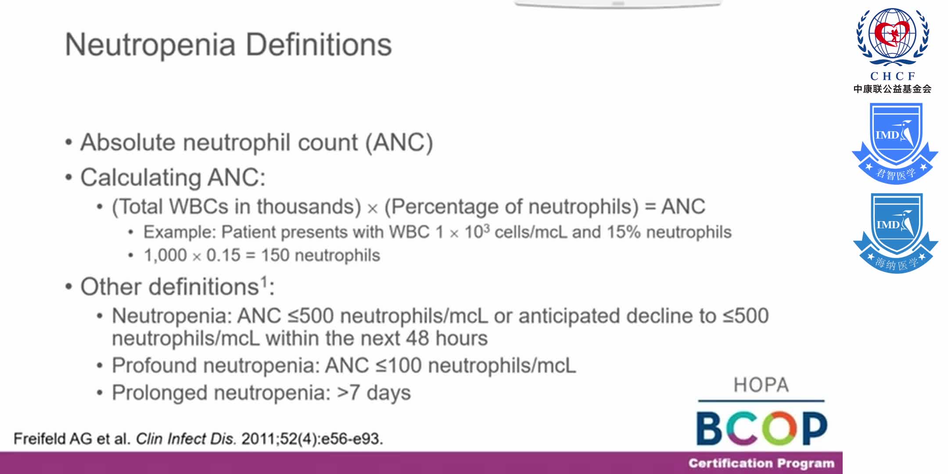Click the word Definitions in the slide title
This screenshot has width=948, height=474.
click(x=319, y=45)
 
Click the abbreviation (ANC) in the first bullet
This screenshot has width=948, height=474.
click(x=399, y=143)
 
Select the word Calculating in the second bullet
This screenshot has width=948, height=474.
click(x=140, y=178)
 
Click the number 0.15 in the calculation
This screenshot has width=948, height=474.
click(x=223, y=255)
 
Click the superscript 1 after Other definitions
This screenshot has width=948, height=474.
click(x=264, y=281)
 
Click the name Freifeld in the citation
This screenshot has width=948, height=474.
click(x=39, y=438)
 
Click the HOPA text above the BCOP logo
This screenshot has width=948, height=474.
click(x=761, y=385)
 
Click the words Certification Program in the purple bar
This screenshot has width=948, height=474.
click(x=761, y=463)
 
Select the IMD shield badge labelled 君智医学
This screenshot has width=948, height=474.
click(x=895, y=143)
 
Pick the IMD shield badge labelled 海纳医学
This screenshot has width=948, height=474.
click(x=895, y=233)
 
